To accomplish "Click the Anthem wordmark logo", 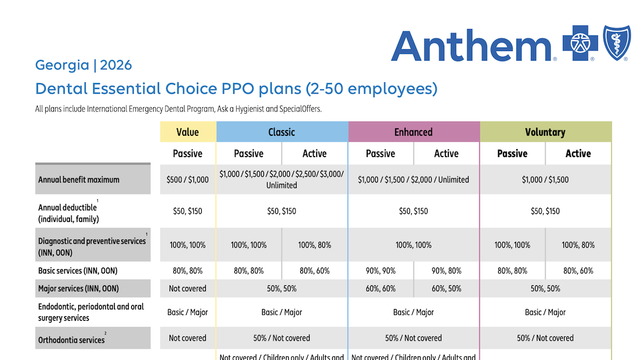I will (x=472, y=45).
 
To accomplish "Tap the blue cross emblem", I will (x=581, y=44).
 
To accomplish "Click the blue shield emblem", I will (x=616, y=43).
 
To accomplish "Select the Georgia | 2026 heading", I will (x=84, y=65).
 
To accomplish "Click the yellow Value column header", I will (x=188, y=132).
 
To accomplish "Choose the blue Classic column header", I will (x=282, y=132).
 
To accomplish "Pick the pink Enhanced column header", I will (x=413, y=132).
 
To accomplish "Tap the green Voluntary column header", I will (x=545, y=132).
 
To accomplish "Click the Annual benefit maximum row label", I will (x=79, y=180).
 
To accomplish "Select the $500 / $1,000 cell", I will (x=188, y=180).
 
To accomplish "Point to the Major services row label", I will (x=78, y=289).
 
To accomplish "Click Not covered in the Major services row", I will (x=188, y=289).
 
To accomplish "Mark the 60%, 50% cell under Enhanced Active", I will (x=447, y=289).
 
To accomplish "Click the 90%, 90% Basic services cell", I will (x=380, y=271).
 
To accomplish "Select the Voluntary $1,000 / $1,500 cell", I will (x=545, y=180).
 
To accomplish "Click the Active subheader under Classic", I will (x=314, y=154).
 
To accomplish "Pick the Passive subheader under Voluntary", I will (x=512, y=154).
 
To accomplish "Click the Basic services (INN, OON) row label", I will (x=78, y=271).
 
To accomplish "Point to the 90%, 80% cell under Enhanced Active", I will (x=447, y=271).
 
